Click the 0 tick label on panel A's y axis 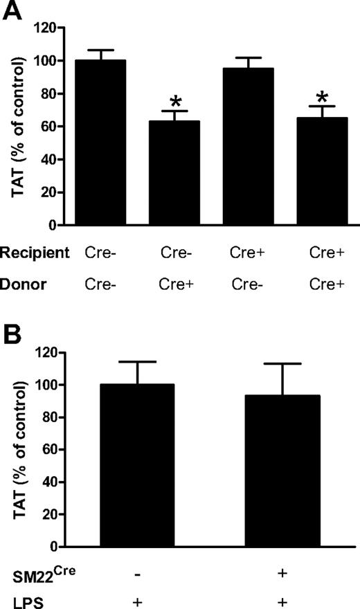52,225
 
